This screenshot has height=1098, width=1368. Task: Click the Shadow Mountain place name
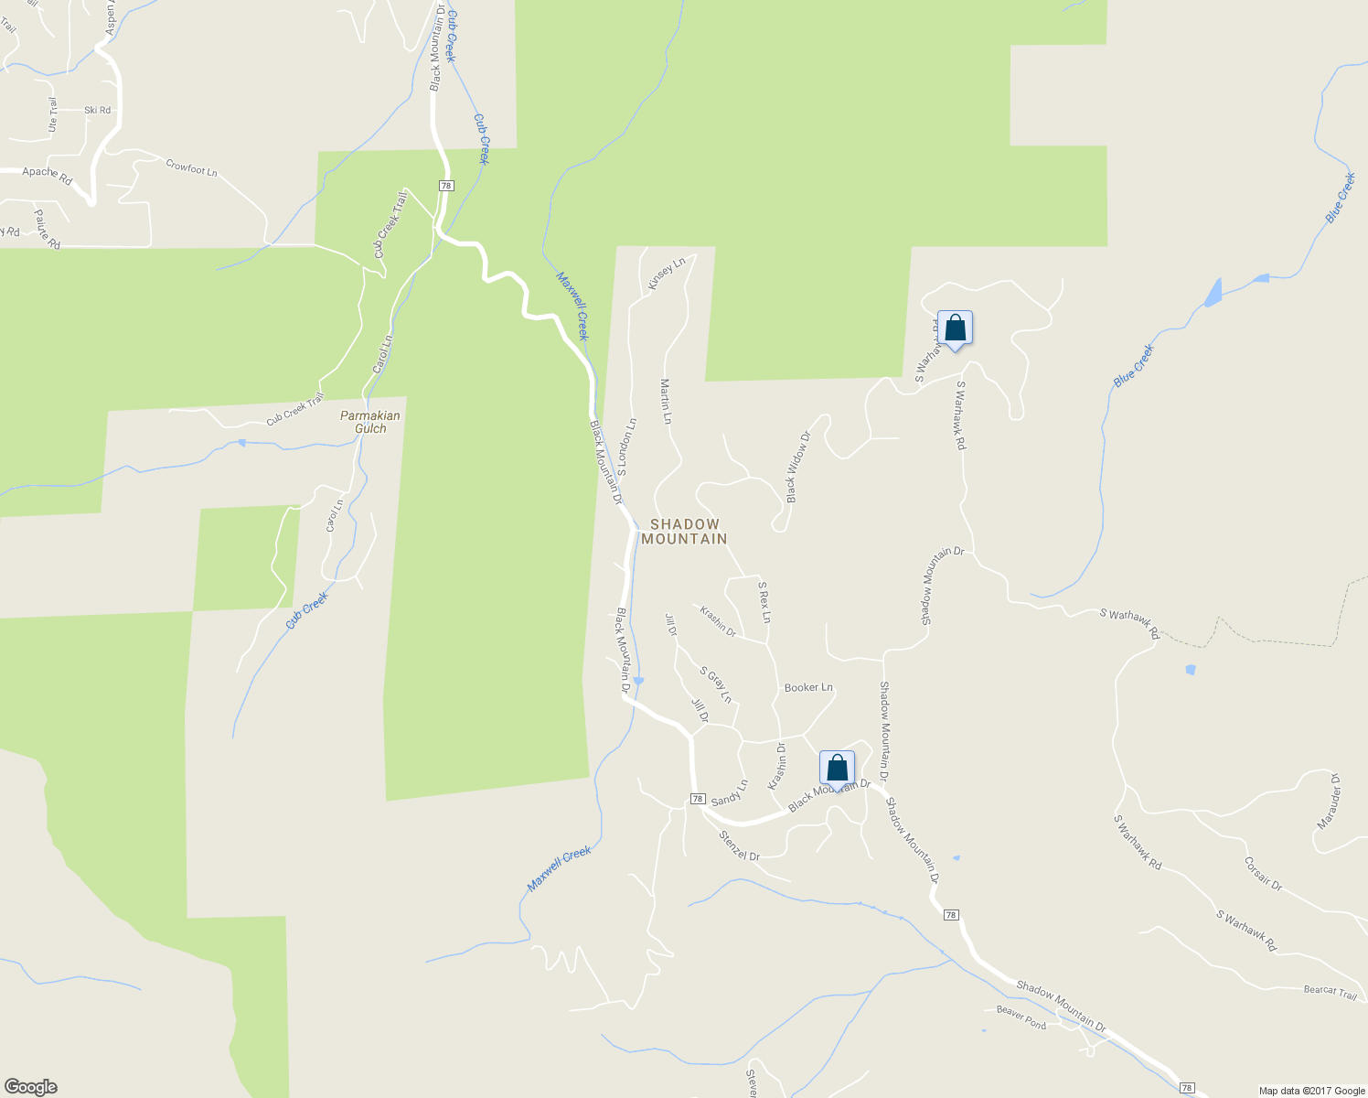coord(684,532)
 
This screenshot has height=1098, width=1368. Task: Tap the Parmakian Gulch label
coord(370,422)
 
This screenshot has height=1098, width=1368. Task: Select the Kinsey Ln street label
coord(667,274)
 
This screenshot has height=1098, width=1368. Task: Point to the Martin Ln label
coord(667,402)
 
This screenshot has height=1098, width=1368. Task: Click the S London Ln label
coord(626,447)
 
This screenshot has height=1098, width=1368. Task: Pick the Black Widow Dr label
coord(798,468)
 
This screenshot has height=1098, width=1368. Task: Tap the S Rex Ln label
coord(764,602)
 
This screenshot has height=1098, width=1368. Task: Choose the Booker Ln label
coord(808,687)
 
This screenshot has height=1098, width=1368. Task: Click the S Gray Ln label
coord(716,684)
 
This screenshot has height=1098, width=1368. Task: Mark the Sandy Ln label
coord(729,792)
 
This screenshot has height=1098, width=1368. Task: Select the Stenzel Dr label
coord(739,845)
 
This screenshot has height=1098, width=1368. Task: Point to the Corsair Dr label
coord(1263,874)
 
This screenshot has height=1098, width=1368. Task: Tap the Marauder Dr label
coord(1328,802)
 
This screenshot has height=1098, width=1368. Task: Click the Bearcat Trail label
coord(1330,992)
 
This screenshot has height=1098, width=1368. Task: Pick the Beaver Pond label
coord(1021,1017)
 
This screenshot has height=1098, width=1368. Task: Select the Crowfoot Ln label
coord(191,168)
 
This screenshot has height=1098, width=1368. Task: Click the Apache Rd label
coord(47,176)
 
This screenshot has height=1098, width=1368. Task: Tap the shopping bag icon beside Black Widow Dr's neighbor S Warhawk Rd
coord(955,328)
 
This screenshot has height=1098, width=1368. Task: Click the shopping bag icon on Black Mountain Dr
coord(837,769)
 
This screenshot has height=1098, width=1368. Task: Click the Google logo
coord(30,1087)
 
